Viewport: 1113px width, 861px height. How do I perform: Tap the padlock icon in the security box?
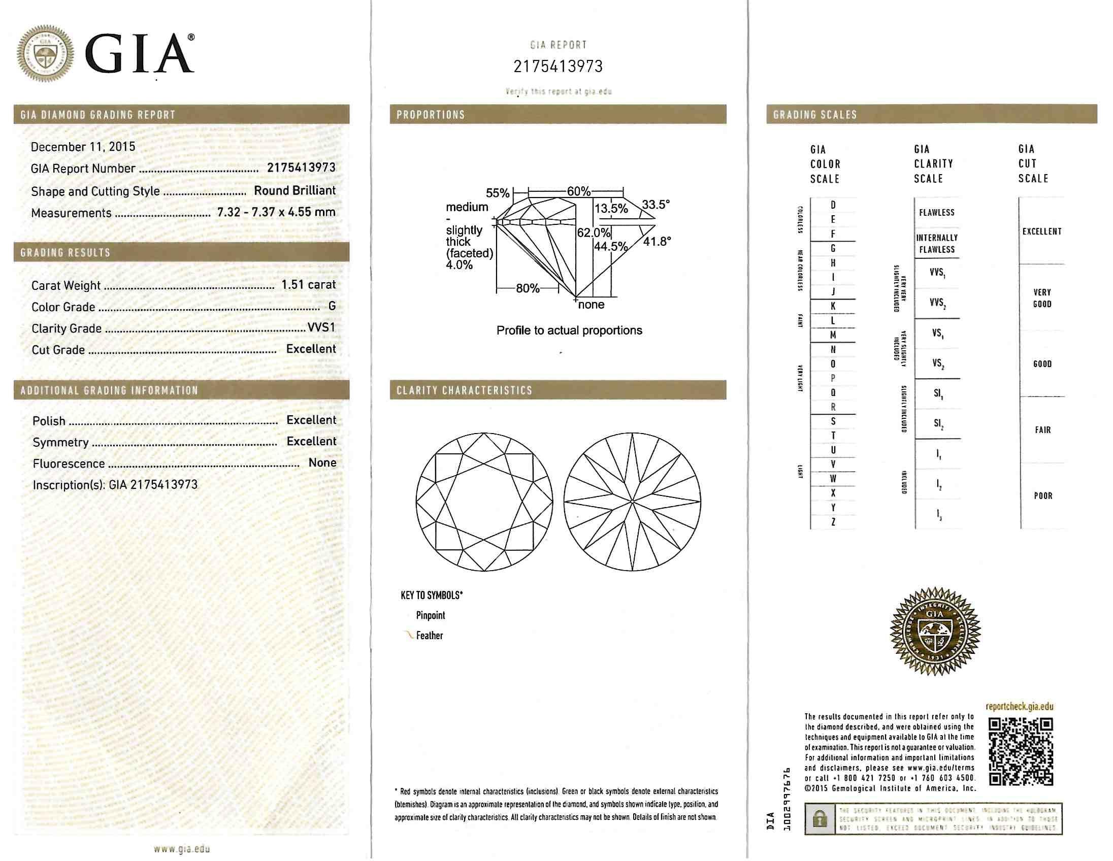(x=820, y=819)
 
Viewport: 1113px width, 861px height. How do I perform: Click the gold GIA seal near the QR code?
(x=935, y=632)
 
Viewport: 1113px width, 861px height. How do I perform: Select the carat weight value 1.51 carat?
(x=308, y=285)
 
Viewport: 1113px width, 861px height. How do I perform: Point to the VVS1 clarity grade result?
(x=321, y=327)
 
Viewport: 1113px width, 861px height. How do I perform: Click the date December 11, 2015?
(x=83, y=147)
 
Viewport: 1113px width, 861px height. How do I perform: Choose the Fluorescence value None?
(x=322, y=462)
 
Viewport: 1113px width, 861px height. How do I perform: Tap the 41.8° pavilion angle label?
(x=657, y=242)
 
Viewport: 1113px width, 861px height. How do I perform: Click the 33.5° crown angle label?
(x=656, y=205)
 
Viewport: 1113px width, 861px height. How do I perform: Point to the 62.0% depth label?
(x=593, y=233)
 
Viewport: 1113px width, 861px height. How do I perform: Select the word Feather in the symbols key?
(x=429, y=635)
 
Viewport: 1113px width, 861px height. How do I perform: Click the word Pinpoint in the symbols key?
(x=430, y=615)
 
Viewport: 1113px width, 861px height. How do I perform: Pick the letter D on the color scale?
(x=833, y=205)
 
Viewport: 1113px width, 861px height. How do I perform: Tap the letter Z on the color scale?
(x=833, y=522)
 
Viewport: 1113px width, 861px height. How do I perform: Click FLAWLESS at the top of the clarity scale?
(x=937, y=212)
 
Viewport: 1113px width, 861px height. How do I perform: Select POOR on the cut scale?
(x=1042, y=495)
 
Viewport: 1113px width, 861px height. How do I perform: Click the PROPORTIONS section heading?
(x=431, y=115)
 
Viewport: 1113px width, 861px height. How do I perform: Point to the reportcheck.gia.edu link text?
(x=1019, y=707)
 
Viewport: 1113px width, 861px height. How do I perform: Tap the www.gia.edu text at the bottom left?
(x=181, y=849)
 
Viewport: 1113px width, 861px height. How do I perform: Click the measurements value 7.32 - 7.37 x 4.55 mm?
(x=276, y=212)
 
